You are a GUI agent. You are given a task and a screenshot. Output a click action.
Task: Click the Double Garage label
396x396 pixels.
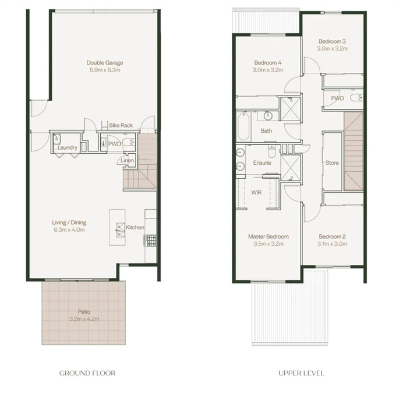tap(105, 63)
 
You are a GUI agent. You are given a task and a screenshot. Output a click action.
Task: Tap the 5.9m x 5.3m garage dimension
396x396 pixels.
tap(105, 70)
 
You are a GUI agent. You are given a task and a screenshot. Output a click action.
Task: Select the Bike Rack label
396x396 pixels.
tap(121, 125)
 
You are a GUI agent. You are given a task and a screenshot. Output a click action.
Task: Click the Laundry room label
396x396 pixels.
tap(67, 147)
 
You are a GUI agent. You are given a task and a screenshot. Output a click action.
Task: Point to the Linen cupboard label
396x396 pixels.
tap(128, 160)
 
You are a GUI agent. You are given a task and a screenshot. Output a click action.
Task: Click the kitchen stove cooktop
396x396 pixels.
tap(150, 241)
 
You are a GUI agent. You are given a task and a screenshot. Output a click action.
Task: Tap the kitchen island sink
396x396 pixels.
tap(121, 230)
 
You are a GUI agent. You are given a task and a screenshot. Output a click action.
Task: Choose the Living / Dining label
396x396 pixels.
tap(69, 222)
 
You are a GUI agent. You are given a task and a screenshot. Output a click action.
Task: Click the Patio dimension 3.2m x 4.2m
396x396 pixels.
tap(84, 319)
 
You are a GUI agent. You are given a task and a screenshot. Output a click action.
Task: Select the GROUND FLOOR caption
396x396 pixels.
tap(87, 373)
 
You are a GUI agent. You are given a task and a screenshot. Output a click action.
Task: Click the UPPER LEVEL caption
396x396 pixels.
tap(301, 373)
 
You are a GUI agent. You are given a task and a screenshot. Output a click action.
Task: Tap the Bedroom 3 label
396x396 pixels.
tap(332, 41)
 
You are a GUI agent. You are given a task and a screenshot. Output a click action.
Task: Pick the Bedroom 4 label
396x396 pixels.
tap(268, 63)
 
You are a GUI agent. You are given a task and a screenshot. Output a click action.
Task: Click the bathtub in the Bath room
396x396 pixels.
tap(243, 126)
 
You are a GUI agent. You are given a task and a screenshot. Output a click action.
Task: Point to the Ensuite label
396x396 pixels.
tap(262, 162)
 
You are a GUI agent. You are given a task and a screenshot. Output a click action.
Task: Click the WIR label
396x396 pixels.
tap(256, 192)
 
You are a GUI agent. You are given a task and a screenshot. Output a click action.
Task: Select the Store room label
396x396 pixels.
tap(332, 162)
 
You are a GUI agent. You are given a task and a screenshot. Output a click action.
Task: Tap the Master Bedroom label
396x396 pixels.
tap(268, 236)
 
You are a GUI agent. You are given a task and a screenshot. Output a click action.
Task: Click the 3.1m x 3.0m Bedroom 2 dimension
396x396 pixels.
tap(332, 243)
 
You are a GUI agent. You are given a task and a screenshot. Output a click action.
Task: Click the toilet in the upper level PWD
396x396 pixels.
tap(357, 97)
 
